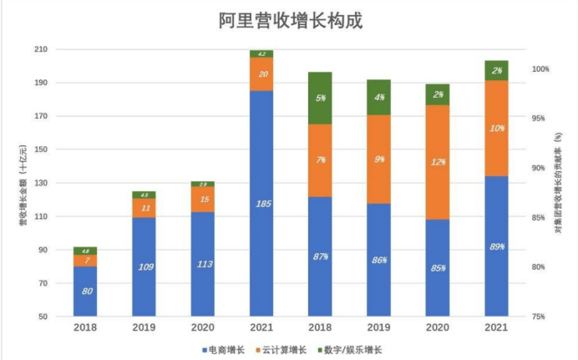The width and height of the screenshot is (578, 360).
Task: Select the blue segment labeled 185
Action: [x=261, y=203]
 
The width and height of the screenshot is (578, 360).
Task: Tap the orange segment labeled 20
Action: [x=261, y=74]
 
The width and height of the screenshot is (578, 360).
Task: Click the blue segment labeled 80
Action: [x=85, y=292]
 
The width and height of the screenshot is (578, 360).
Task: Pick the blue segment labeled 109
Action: [x=144, y=267]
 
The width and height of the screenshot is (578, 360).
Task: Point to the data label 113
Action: [x=202, y=266]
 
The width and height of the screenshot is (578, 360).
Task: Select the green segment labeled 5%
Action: [x=320, y=98]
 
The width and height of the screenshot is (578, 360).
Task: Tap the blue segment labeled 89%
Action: [x=496, y=246]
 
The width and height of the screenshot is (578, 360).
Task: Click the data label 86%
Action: [x=379, y=260]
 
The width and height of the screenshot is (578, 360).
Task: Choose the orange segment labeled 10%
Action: [x=496, y=128]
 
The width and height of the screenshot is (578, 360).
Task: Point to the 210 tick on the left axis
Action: [x=39, y=50]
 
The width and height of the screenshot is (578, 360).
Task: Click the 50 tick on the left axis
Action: [x=42, y=317]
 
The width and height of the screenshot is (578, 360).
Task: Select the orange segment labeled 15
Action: [x=202, y=199]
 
